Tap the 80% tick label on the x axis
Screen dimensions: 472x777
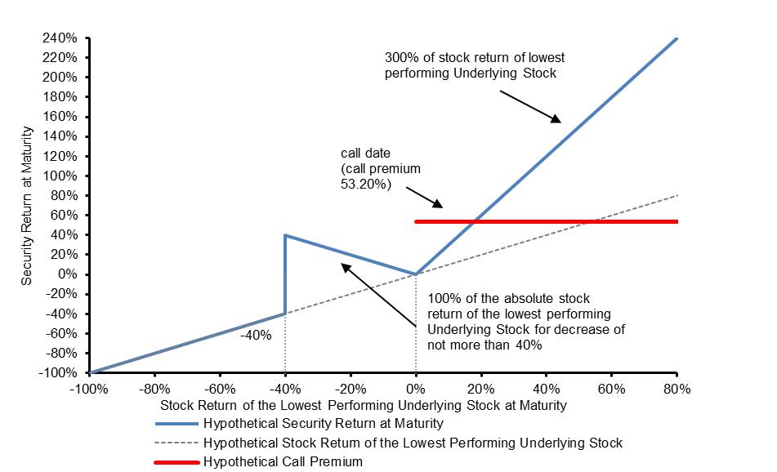pyautogui.click(x=677, y=389)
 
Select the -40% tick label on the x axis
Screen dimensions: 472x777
pyautogui.click(x=284, y=389)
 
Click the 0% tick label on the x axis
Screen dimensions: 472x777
pyautogui.click(x=415, y=389)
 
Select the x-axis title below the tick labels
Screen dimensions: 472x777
pyautogui.click(x=363, y=405)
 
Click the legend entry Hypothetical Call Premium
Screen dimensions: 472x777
pyautogui.click(x=282, y=461)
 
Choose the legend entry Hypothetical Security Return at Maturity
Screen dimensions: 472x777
pyautogui.click(x=323, y=423)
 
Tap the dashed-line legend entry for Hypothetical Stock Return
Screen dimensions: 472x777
pyautogui.click(x=412, y=443)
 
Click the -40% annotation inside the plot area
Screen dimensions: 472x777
pyautogui.click(x=255, y=335)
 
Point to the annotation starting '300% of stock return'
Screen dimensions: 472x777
pyautogui.click(x=475, y=65)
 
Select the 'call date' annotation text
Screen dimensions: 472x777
pyautogui.click(x=381, y=169)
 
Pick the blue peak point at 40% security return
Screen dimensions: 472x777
pyautogui.click(x=285, y=235)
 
